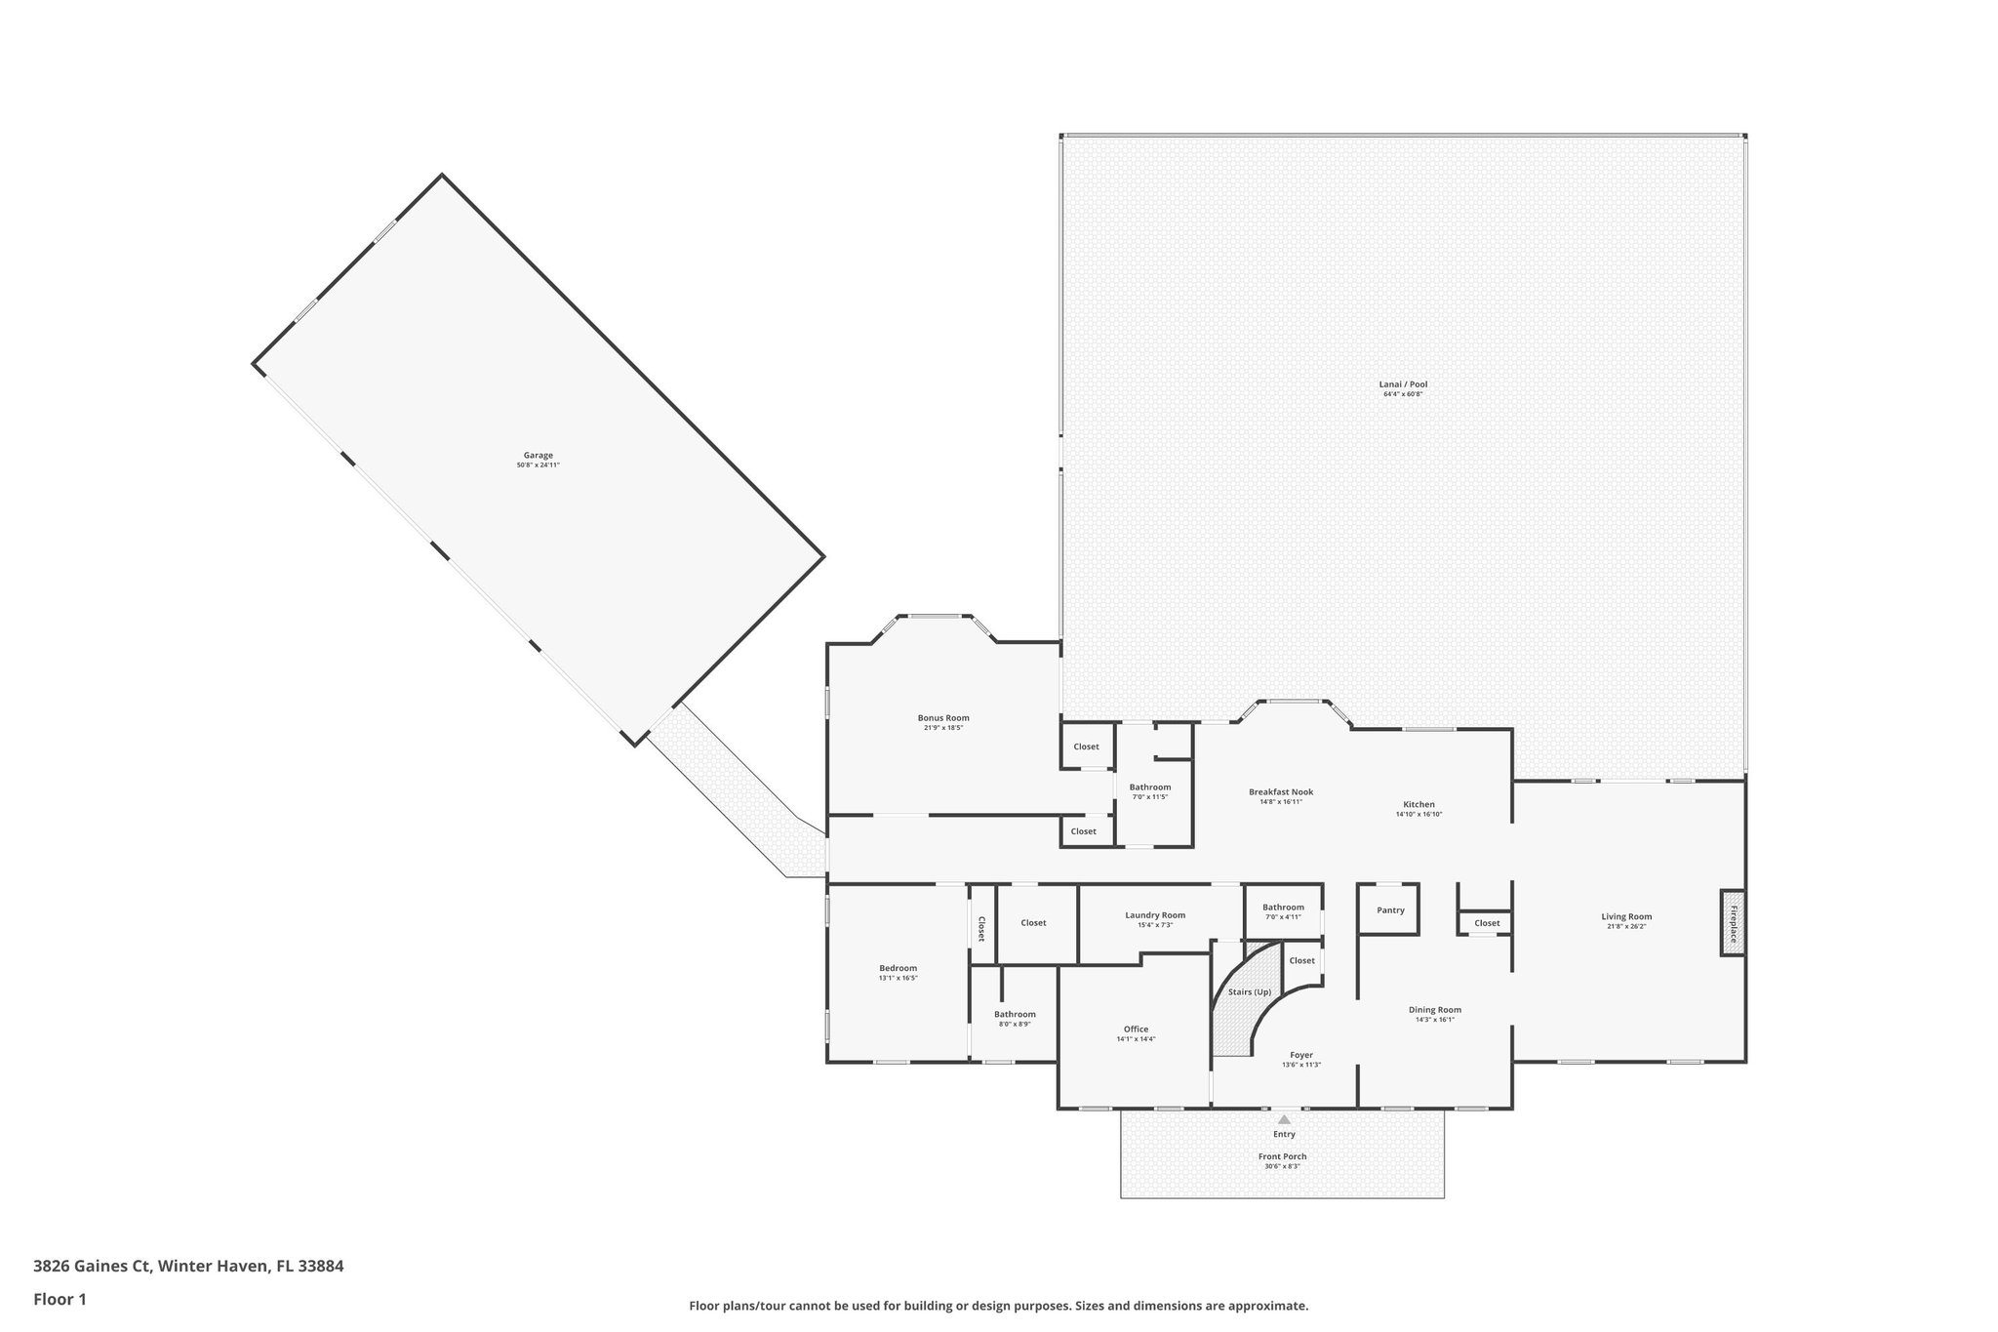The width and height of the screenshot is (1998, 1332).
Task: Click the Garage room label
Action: [538, 455]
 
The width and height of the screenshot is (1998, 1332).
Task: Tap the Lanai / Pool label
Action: [1403, 384]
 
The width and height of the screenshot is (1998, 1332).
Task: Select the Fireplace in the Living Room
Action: [1733, 923]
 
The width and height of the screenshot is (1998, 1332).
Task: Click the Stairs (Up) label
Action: [1249, 991]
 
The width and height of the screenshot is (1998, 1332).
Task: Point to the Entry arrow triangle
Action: [1284, 1119]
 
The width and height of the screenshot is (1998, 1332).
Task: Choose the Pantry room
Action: [1389, 910]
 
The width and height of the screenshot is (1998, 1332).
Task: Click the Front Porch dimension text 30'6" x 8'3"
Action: [1282, 1166]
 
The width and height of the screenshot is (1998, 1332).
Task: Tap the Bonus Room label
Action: [943, 717]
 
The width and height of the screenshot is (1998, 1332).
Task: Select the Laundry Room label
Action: [1155, 915]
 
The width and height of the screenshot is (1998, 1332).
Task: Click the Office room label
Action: [1136, 1029]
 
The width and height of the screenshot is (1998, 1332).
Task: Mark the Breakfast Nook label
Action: [1281, 791]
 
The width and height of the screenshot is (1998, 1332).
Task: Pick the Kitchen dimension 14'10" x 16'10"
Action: [1419, 814]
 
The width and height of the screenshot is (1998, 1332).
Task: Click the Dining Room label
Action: [1434, 1010]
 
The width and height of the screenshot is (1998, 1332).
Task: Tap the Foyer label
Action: [1301, 1055]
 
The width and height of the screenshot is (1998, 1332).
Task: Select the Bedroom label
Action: [898, 968]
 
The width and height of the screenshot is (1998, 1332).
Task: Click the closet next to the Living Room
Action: [1487, 923]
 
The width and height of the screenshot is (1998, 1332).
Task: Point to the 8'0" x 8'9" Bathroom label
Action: [1015, 1014]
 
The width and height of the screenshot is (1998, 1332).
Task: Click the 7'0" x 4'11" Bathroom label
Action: [1283, 908]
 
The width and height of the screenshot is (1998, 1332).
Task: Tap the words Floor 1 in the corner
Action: [60, 1299]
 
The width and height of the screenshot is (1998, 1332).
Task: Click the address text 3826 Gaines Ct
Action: [93, 1267]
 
